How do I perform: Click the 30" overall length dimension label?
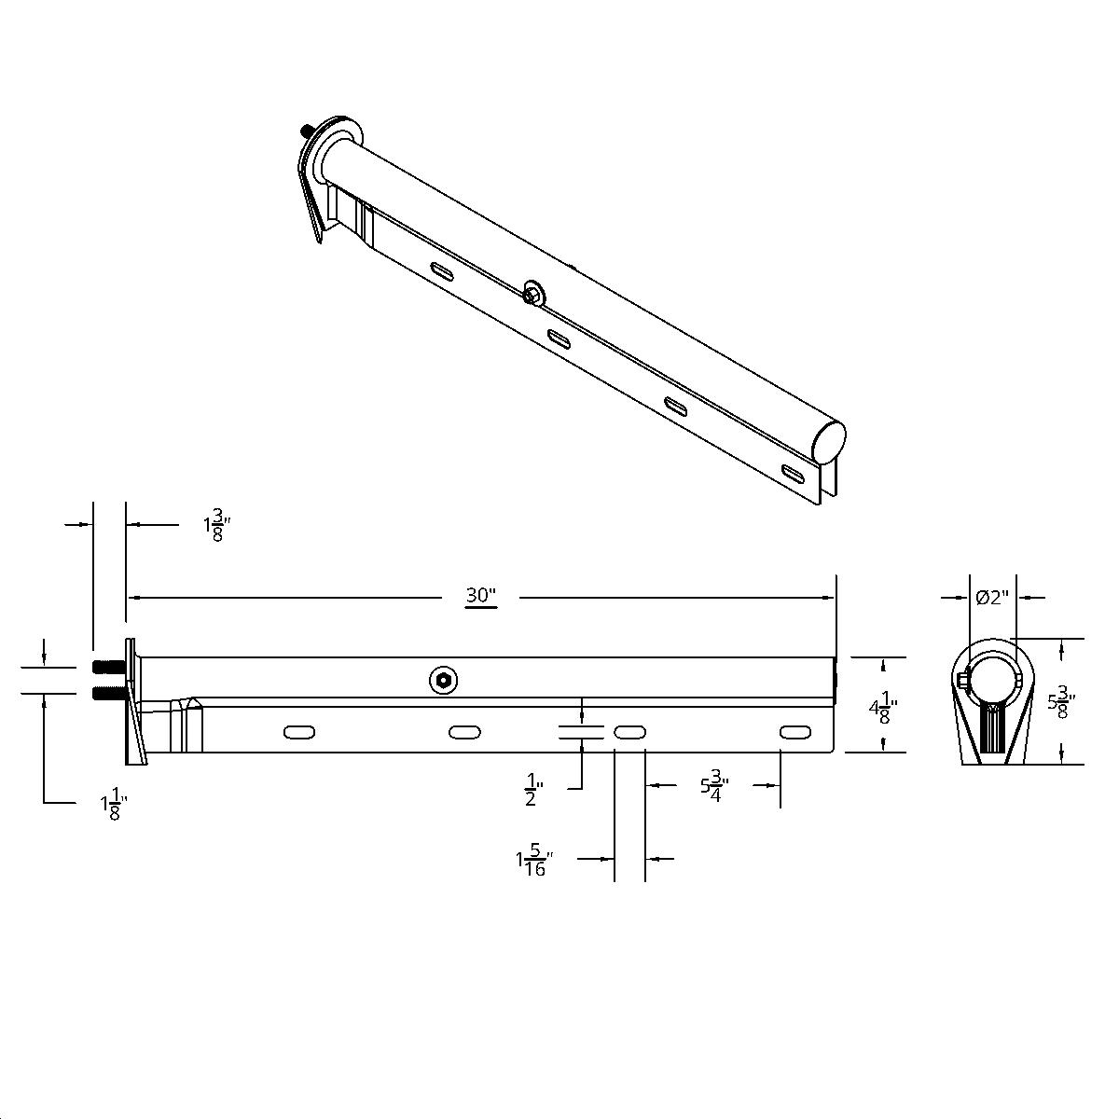click(x=481, y=596)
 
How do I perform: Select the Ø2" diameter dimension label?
click(x=993, y=598)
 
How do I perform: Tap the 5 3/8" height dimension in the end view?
click(x=1059, y=702)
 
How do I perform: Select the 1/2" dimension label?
click(x=533, y=788)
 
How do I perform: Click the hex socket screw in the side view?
click(x=444, y=681)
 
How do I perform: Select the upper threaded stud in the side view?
click(x=109, y=668)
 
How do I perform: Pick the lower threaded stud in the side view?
click(x=109, y=693)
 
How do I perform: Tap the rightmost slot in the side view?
click(x=794, y=732)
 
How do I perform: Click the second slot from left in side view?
click(x=464, y=733)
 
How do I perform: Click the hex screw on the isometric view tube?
click(x=533, y=292)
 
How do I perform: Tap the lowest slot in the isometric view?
click(x=795, y=473)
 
